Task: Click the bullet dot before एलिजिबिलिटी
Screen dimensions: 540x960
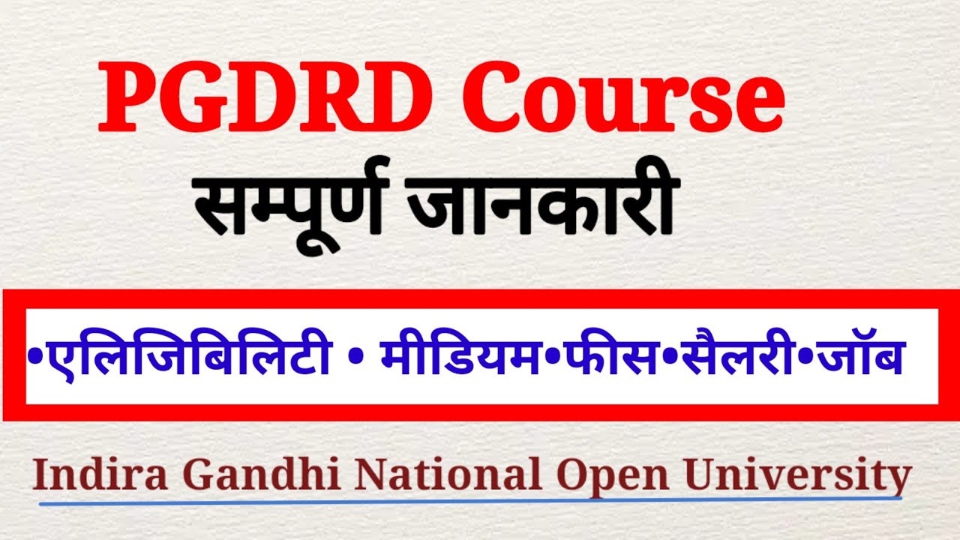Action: pyautogui.click(x=33, y=352)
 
